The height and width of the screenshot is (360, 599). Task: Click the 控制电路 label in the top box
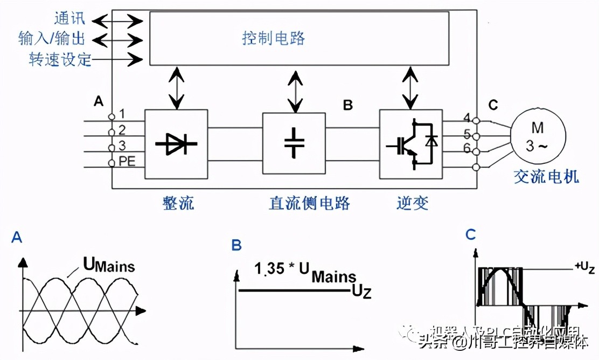click(x=273, y=38)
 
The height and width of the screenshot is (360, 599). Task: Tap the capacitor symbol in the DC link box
click(x=294, y=143)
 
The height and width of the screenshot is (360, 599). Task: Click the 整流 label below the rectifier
click(x=178, y=203)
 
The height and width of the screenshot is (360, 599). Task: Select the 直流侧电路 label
click(x=309, y=203)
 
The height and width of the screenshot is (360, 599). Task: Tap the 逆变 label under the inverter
click(x=412, y=203)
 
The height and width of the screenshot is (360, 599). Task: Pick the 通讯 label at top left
click(x=69, y=19)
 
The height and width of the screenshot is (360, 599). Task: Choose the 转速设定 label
click(x=60, y=59)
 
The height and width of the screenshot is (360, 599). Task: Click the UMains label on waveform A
click(x=108, y=265)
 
